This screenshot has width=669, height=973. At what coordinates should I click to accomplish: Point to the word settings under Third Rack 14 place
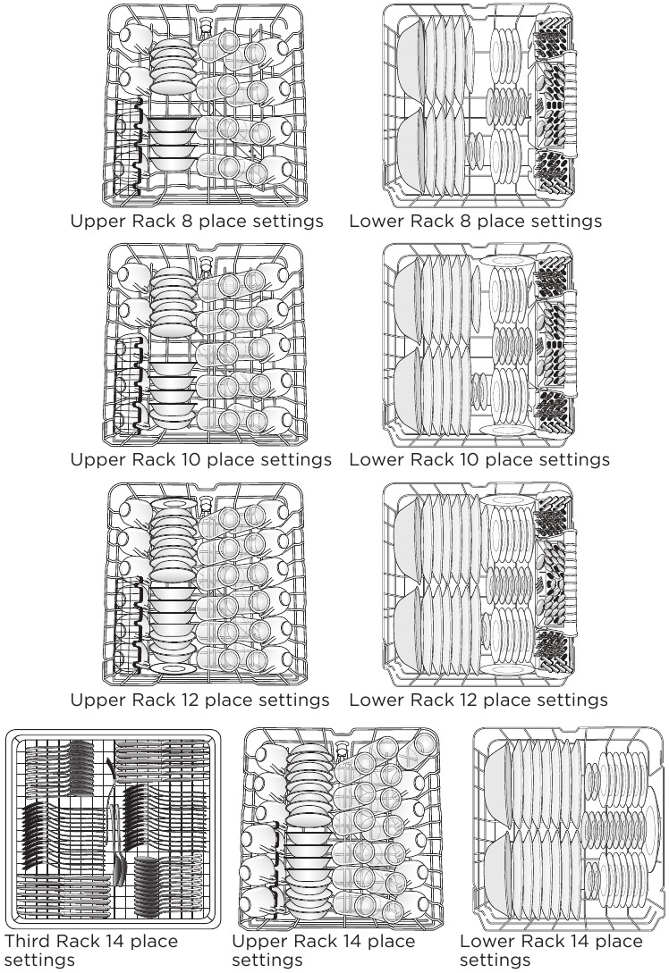[x=39, y=961]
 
